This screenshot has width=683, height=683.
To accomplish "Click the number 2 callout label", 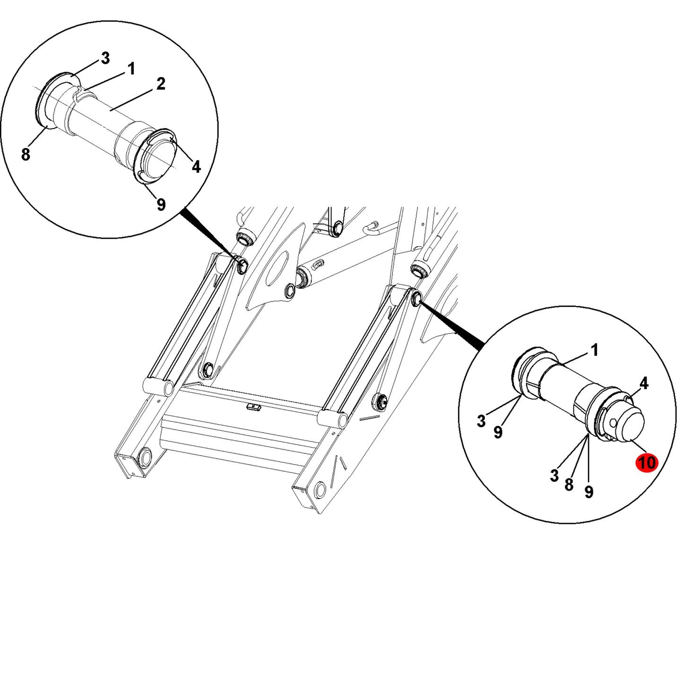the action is pyautogui.click(x=161, y=84).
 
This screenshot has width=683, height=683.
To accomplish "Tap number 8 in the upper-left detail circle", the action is pyautogui.click(x=26, y=155).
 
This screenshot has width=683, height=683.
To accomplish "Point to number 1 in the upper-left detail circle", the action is pyautogui.click(x=131, y=69).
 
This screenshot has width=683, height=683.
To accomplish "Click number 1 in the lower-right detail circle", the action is pyautogui.click(x=595, y=350).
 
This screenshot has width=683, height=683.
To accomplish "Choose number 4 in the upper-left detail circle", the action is pyautogui.click(x=196, y=166).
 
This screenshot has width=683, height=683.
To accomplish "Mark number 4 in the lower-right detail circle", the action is pyautogui.click(x=644, y=383).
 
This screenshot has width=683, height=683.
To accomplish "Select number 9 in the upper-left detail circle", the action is pyautogui.click(x=161, y=205).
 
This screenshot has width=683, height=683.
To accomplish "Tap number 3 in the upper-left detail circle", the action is pyautogui.click(x=105, y=59).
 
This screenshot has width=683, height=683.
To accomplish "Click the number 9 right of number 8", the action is pyautogui.click(x=589, y=492).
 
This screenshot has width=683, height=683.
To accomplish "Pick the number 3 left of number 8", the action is pyautogui.click(x=555, y=476).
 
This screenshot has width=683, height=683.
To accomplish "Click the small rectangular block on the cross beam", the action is pyautogui.click(x=254, y=407).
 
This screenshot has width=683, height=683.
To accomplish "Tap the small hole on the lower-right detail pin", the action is pyautogui.click(x=614, y=423).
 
